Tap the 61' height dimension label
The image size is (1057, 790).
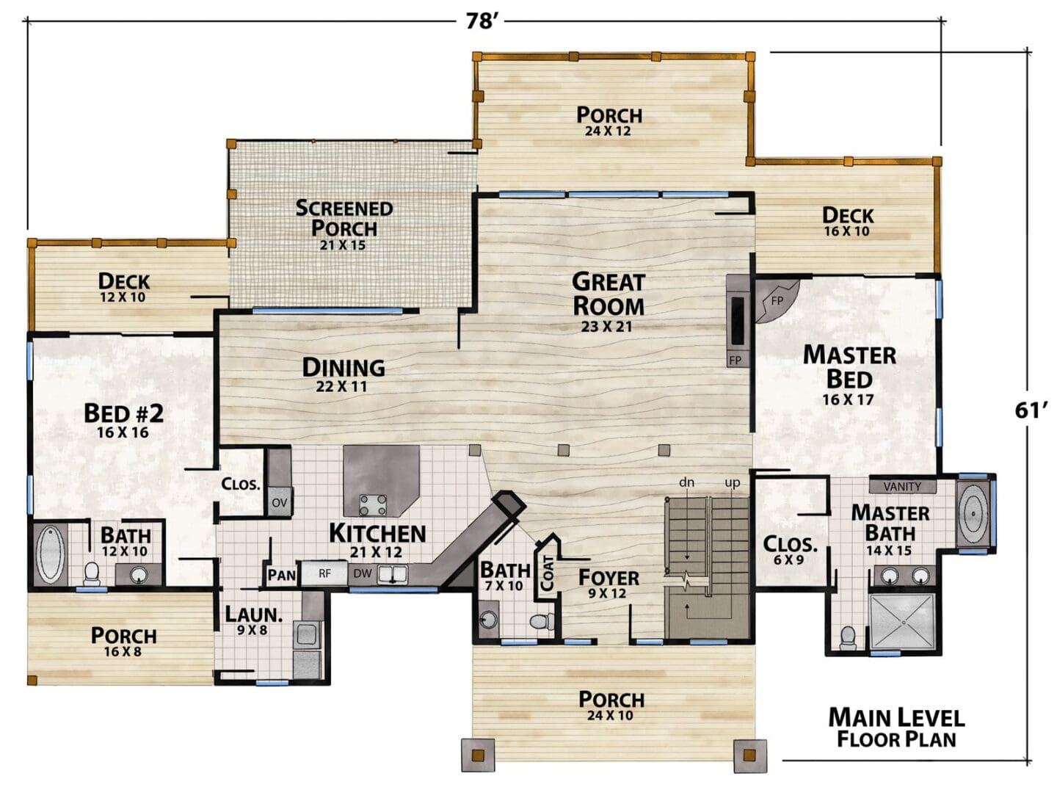coord(1031,410)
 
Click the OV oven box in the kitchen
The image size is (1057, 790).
coord(280,502)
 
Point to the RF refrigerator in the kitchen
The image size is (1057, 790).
coord(324,573)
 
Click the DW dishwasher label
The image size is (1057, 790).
coord(362,573)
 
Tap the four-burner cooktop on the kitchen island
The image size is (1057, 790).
coord(373,505)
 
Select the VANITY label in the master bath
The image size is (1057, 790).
coord(902,487)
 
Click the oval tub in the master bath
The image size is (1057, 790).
coord(973,513)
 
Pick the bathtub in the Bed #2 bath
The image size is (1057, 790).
coord(51,554)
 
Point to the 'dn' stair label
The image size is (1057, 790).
coord(686,482)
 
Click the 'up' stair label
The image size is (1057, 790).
coord(733,482)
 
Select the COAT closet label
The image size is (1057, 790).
coord(548,573)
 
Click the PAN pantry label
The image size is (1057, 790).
coord(282,575)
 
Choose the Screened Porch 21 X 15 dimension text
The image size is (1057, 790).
coord(343,245)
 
